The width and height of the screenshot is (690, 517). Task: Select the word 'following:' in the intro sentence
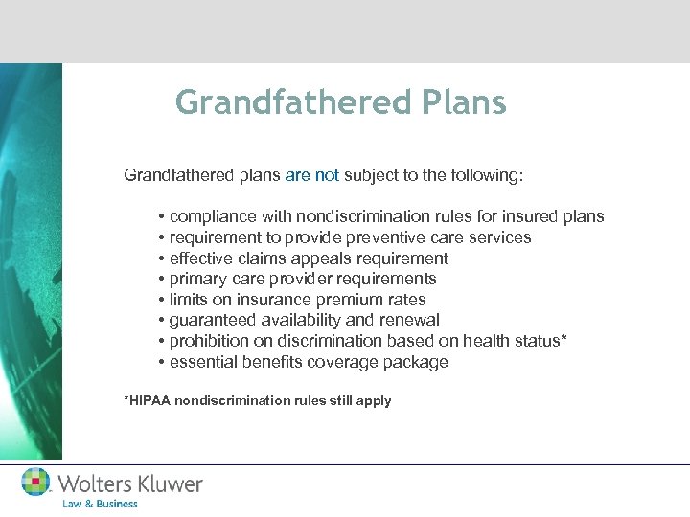click(x=482, y=176)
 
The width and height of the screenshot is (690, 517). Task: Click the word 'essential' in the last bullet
click(x=202, y=362)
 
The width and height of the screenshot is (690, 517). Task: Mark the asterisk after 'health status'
click(x=564, y=340)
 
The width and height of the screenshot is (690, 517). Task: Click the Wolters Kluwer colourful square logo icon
click(x=36, y=482)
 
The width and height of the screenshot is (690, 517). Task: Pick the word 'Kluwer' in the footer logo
click(x=170, y=483)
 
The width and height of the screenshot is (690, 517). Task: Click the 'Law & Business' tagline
click(x=100, y=504)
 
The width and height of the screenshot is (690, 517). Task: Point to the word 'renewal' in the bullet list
click(x=413, y=321)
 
